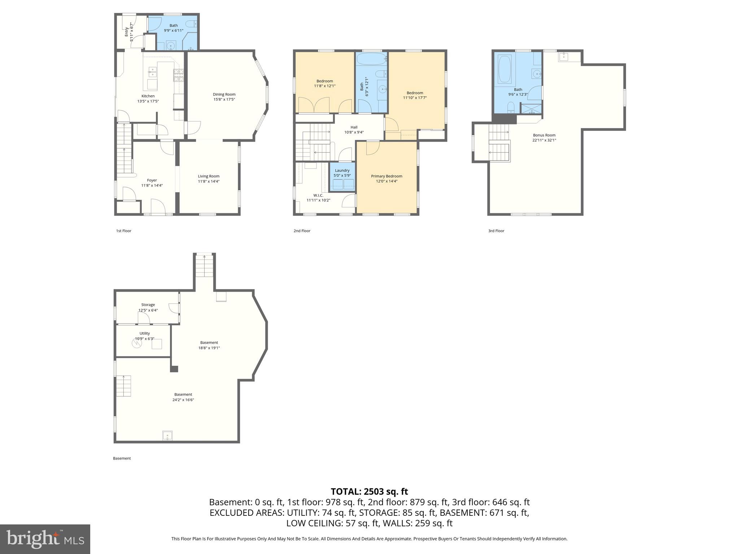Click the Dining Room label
click(224, 94)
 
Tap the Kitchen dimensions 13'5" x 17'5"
click(148, 101)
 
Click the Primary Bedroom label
click(386, 176)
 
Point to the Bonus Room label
click(544, 135)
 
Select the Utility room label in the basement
click(144, 334)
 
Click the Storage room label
click(148, 305)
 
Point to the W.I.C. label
click(318, 195)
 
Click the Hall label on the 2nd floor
click(354, 127)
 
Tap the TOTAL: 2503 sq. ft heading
click(369, 492)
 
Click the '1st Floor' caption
click(123, 231)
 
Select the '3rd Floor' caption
click(496, 231)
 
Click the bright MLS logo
click(45, 539)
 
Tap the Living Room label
click(209, 176)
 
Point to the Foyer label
click(152, 180)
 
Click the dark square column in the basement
click(174, 369)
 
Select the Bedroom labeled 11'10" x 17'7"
click(415, 93)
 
